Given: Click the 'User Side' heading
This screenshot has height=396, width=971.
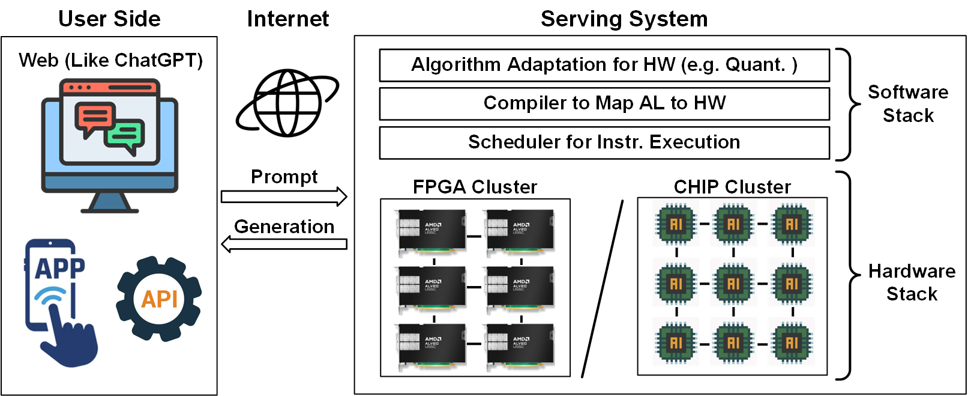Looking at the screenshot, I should [x=109, y=19].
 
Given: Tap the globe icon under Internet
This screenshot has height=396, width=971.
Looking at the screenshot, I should [x=286, y=103].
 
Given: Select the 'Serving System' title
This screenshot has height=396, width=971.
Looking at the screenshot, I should [x=624, y=19].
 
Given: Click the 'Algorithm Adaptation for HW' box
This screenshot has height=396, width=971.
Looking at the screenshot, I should [x=604, y=65].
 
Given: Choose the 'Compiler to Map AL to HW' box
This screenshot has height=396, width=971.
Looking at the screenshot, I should [x=604, y=103].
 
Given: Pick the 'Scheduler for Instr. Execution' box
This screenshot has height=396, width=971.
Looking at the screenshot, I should [x=604, y=142].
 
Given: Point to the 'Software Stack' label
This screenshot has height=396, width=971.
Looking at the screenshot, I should [x=908, y=103].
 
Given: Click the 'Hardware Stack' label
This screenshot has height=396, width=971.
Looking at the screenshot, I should [x=912, y=282].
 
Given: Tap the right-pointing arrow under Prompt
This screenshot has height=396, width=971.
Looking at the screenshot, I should [x=284, y=196].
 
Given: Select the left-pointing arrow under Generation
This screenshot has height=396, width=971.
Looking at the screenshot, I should [x=284, y=244].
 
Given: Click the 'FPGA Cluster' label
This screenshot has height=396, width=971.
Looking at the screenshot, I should [x=475, y=187].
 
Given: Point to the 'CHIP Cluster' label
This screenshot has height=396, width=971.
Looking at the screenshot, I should [x=732, y=187].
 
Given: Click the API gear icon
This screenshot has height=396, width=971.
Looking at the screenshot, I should [x=159, y=299].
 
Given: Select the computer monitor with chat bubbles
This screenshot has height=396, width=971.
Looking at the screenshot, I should [x=109, y=145].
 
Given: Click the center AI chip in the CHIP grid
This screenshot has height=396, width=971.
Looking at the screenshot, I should [x=733, y=283].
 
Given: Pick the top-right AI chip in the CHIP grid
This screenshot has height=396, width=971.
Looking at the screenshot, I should [x=792, y=224].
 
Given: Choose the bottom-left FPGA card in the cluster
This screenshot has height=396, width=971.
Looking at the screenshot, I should [x=431, y=344].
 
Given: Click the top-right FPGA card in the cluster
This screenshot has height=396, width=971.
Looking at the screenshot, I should [x=519, y=230].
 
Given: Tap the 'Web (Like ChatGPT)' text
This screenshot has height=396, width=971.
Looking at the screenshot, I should [x=110, y=60].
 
